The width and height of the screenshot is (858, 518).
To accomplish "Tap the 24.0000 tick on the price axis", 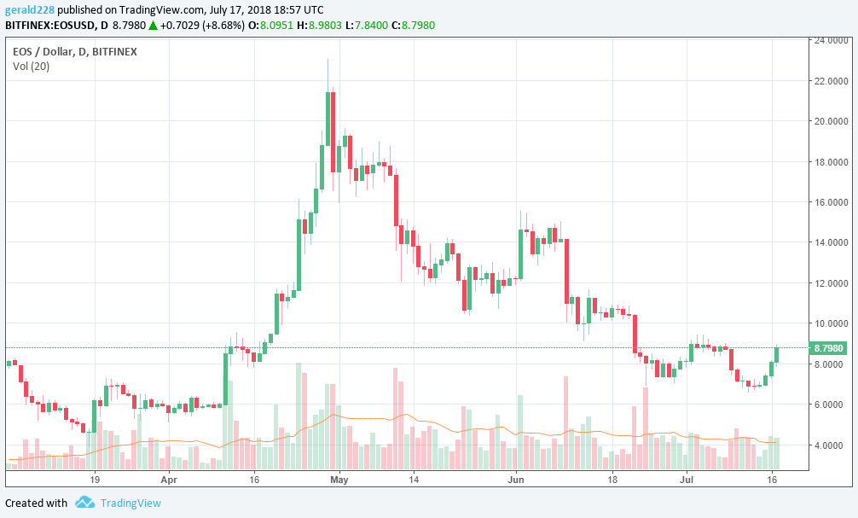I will click(830, 40).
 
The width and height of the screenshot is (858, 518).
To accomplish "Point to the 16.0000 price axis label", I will click(830, 202).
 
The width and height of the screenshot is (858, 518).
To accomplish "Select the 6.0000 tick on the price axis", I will click(830, 405).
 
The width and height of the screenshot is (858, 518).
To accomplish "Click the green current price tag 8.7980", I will click(829, 348).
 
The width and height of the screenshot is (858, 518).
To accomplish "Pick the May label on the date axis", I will click(338, 480).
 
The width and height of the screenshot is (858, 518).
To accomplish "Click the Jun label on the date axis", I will click(516, 480).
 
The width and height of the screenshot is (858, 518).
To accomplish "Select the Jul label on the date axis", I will click(687, 480).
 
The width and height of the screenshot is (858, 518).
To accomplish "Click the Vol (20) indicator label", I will click(31, 67).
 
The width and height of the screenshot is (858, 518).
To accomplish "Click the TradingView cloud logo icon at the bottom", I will click(84, 503).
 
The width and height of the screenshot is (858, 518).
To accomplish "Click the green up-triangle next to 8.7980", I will click(153, 25).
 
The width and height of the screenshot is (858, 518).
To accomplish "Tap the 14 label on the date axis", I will click(413, 480).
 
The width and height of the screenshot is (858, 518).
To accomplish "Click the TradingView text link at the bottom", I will click(130, 503).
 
